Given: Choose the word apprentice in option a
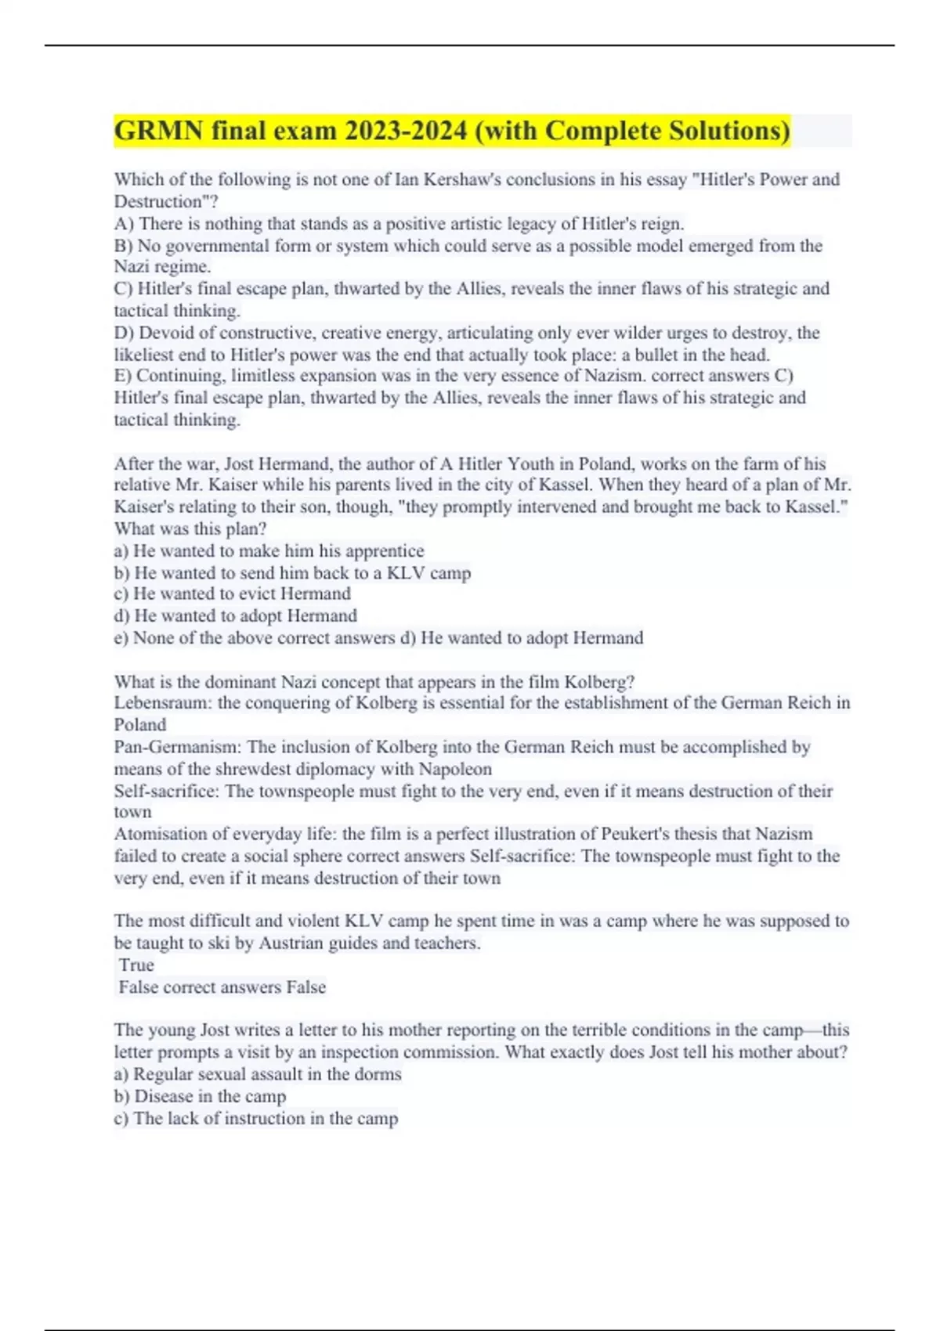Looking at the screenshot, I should coord(385,550).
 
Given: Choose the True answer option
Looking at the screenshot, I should coord(136,965).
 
